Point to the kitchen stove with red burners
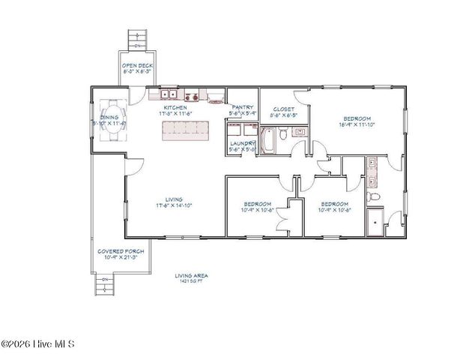click(193, 96)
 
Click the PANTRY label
click(242, 108)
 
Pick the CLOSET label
click(283, 108)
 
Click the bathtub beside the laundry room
click(267, 141)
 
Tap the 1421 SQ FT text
click(191, 281)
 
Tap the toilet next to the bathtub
click(283, 135)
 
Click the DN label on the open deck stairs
click(136, 45)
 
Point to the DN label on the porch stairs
click(105, 280)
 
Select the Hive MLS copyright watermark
click(38, 344)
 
